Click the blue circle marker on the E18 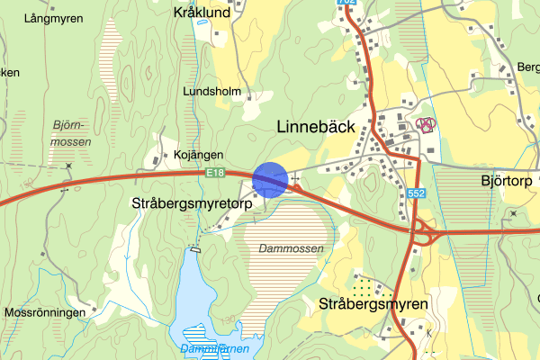click(x=269, y=178)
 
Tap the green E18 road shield click(x=213, y=173)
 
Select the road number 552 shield click(x=415, y=193)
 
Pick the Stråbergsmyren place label click(x=373, y=304)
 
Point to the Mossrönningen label click(x=45, y=312)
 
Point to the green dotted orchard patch click(x=363, y=288)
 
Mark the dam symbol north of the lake click(x=193, y=248)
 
